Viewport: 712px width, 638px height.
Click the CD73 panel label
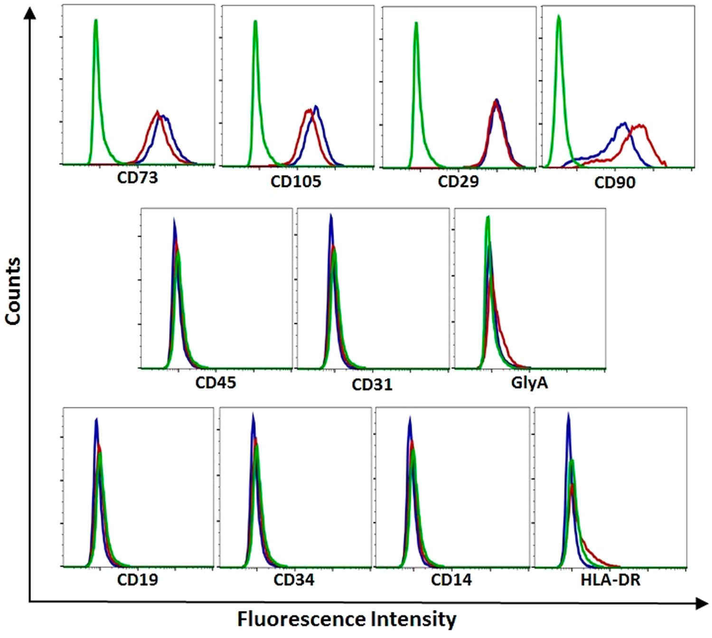click(137, 178)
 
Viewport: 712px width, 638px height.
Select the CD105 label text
click(295, 181)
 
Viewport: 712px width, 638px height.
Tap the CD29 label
click(458, 181)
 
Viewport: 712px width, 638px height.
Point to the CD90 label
click(615, 183)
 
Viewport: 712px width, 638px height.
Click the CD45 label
click(215, 383)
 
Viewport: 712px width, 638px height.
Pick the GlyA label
click(529, 383)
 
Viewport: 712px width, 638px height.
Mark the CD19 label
click(137, 580)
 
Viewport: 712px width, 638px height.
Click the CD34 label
click(294, 580)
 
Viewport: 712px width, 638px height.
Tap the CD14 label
click(451, 580)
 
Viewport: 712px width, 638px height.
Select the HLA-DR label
click(610, 580)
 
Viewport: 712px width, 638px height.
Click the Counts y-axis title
click(13, 291)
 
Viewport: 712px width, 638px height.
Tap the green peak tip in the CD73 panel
click(96, 20)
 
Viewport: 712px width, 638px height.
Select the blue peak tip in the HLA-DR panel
click(568, 414)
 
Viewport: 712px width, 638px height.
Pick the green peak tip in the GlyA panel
click(487, 217)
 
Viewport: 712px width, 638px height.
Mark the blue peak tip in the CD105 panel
click(316, 106)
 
